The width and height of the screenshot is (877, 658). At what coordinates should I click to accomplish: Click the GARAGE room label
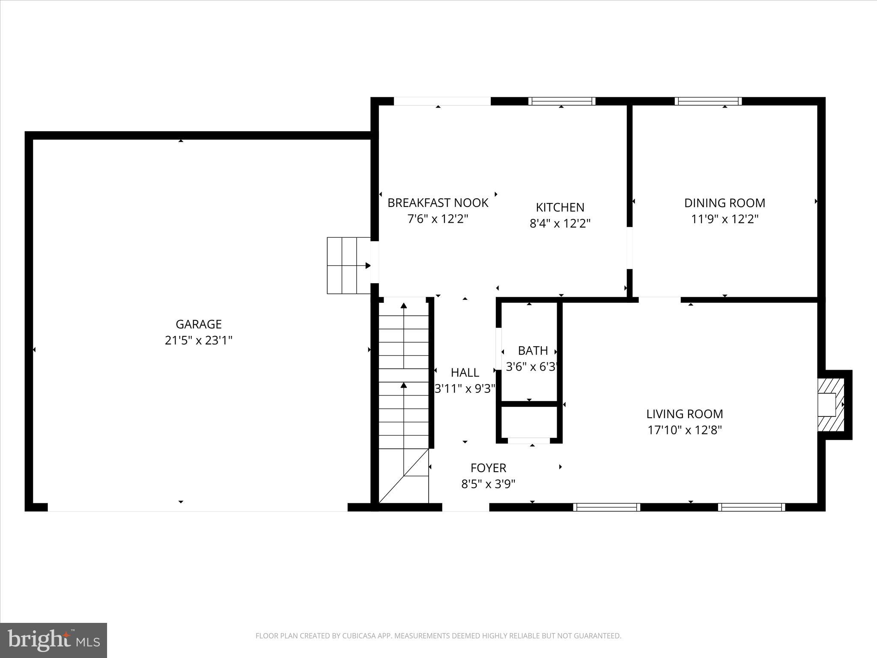point(198,324)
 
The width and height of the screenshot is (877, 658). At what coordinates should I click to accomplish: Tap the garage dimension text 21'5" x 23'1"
point(198,341)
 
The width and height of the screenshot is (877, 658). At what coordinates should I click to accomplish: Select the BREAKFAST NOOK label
point(438,203)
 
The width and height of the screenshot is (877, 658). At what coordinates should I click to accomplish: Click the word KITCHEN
point(560,207)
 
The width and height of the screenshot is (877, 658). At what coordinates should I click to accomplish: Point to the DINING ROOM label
point(725,203)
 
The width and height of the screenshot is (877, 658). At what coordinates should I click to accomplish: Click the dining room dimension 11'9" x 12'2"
point(725,219)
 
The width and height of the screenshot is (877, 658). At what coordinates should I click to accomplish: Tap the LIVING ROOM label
point(684,414)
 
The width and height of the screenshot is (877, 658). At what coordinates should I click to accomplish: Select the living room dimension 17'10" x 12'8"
point(684,430)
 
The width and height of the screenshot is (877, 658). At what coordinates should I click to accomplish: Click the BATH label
point(533,350)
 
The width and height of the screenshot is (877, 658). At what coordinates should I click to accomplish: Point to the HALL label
point(465,372)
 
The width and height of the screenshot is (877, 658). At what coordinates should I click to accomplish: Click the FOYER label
point(488,468)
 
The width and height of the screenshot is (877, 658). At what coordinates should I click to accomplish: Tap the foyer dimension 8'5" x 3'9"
point(488,484)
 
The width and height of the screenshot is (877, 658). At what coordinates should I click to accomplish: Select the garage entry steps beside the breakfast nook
point(349,266)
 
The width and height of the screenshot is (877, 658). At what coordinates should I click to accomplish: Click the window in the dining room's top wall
point(708,101)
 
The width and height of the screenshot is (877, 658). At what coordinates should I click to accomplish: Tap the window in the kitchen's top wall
point(561,101)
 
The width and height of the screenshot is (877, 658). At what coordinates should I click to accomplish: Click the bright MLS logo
point(54,640)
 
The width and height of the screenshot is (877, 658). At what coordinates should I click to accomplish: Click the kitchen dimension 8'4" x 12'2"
point(560,224)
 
